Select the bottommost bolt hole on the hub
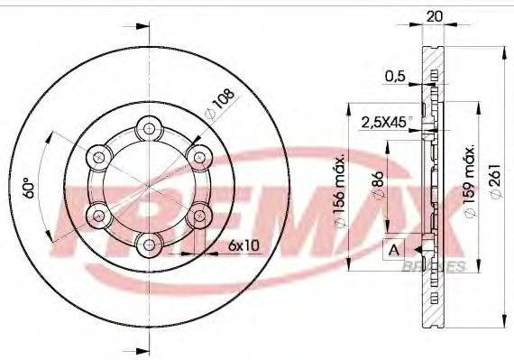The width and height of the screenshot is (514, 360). (148, 242)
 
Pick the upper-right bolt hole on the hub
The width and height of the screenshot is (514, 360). (197, 157)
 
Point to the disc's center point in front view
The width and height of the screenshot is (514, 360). (148, 185)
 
